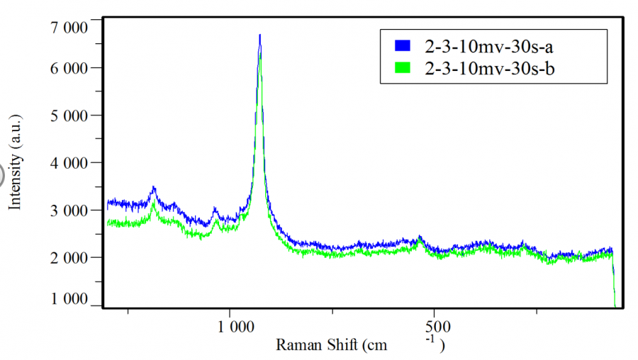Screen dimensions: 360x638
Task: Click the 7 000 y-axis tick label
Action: [x=69, y=28]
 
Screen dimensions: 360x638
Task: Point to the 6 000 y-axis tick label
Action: [x=69, y=68]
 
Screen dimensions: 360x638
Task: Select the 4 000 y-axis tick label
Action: [x=69, y=162]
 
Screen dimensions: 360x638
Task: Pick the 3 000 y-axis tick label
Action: [x=69, y=210]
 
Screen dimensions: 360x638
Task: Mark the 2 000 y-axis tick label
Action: [x=69, y=257]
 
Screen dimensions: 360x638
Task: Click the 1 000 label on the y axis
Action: [x=69, y=299]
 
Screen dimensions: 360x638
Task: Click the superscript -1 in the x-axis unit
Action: [x=430, y=339]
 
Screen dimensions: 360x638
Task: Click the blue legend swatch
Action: [x=402, y=45]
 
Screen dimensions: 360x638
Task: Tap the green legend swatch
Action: [x=402, y=69]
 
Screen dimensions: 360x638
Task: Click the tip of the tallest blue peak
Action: [x=260, y=35]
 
